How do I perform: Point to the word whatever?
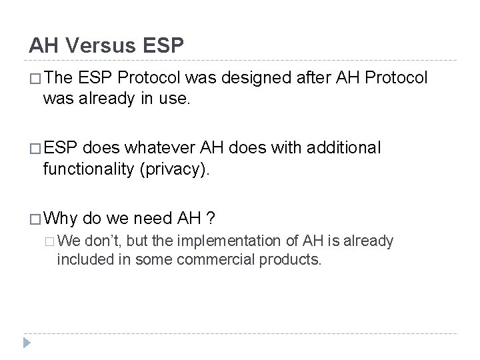click(x=150, y=147)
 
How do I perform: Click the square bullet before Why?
click(x=33, y=219)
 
